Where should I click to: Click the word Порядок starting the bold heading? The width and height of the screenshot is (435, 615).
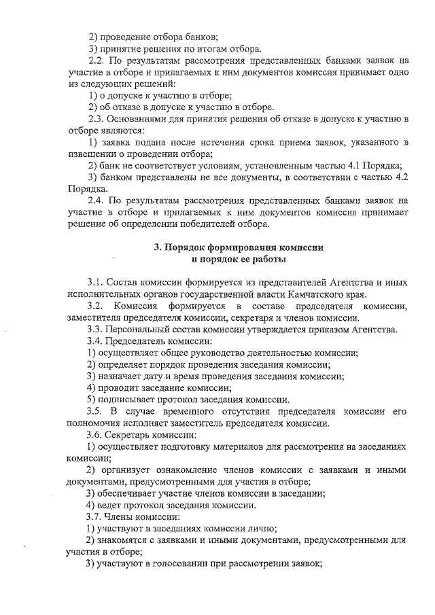click(x=190, y=247)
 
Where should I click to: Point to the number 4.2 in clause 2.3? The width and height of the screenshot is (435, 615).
click(x=400, y=178)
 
